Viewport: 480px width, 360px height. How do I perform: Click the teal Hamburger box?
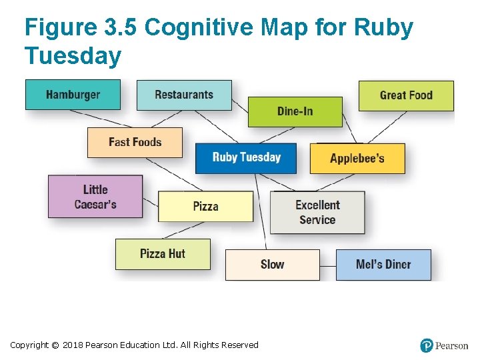[x=73, y=95]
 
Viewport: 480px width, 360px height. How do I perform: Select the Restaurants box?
[x=184, y=95]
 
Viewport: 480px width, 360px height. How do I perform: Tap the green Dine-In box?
[x=295, y=111]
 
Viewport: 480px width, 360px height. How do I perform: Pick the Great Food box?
[x=406, y=95]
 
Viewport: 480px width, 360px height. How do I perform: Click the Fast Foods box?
[x=135, y=142]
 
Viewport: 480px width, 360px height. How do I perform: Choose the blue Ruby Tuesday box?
[x=246, y=158]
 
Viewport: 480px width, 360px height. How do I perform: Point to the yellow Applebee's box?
[x=357, y=159]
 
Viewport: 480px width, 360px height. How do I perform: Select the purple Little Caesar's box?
[x=95, y=197]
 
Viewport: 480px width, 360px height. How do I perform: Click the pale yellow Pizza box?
[x=205, y=206]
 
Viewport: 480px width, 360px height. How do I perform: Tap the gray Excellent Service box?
[x=317, y=212]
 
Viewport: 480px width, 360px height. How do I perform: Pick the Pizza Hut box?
[x=163, y=254]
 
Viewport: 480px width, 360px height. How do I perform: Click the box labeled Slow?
[x=272, y=265]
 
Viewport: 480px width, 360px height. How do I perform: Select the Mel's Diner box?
[x=383, y=265]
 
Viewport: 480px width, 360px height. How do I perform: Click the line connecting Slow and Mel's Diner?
[x=327, y=265]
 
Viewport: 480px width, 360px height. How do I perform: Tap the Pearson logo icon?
[x=427, y=345]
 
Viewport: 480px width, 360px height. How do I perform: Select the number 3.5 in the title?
[x=119, y=28]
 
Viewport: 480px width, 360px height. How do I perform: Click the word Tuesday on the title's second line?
[x=73, y=56]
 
